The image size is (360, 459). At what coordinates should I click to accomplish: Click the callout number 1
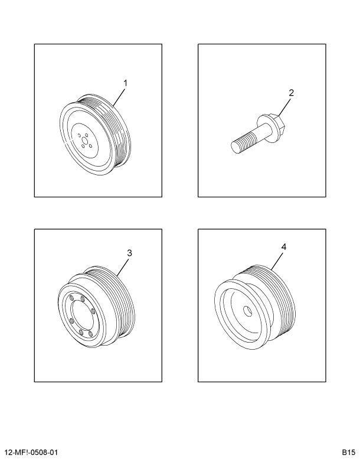[125, 82]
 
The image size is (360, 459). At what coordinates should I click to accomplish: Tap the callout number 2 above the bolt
[291, 93]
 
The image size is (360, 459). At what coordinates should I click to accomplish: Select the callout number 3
[129, 253]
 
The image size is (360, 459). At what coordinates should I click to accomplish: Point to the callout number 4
[284, 248]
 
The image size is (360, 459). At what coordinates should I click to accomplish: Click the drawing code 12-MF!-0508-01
[31, 452]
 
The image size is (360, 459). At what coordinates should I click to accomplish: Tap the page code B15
[347, 452]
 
